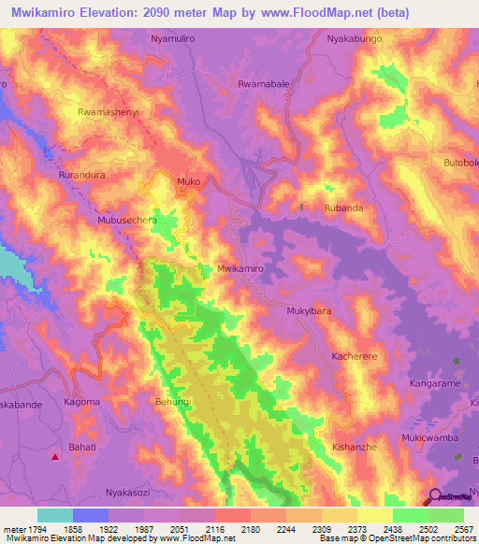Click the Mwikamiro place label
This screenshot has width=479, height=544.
pos(240,268)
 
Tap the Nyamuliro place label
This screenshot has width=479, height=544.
pos(175,40)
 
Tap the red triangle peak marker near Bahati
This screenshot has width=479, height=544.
pos(55,457)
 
